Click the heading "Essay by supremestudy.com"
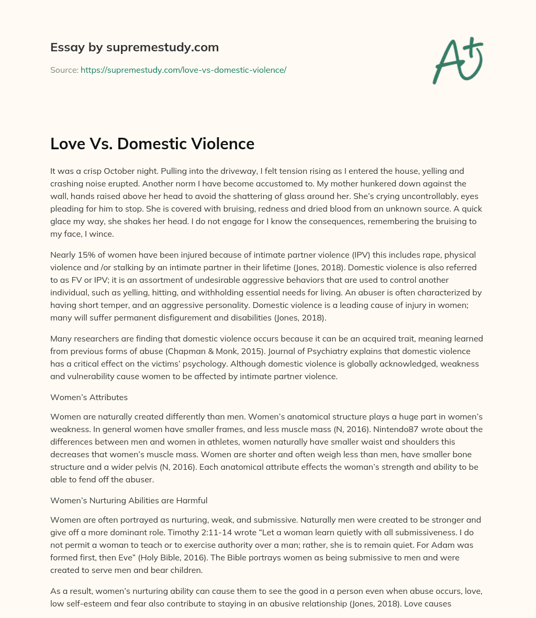click(x=135, y=48)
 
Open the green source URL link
click(x=183, y=70)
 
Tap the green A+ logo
click(x=457, y=61)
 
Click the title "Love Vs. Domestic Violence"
click(x=152, y=144)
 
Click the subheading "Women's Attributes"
click(x=89, y=397)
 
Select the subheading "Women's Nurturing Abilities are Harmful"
click(x=129, y=500)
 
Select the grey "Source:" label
click(x=64, y=70)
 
